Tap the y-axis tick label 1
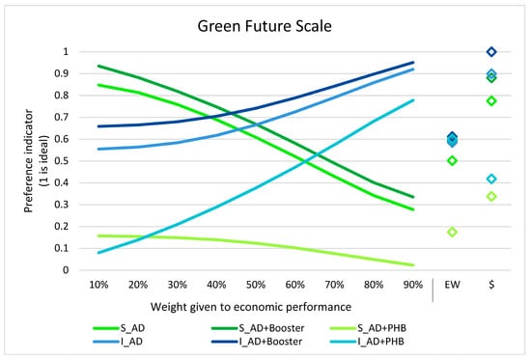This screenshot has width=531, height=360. [x=66, y=51]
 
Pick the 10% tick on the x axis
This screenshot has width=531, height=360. [x=98, y=286]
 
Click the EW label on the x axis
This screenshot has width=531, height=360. [x=451, y=286]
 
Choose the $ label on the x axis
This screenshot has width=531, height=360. [x=491, y=286]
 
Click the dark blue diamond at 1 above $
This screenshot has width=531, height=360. [x=491, y=51]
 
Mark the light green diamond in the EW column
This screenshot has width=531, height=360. [x=451, y=232]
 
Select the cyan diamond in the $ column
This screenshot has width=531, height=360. [x=491, y=179]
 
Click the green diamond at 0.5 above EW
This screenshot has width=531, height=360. [x=451, y=160]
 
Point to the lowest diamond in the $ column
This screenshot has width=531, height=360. [x=491, y=196]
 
